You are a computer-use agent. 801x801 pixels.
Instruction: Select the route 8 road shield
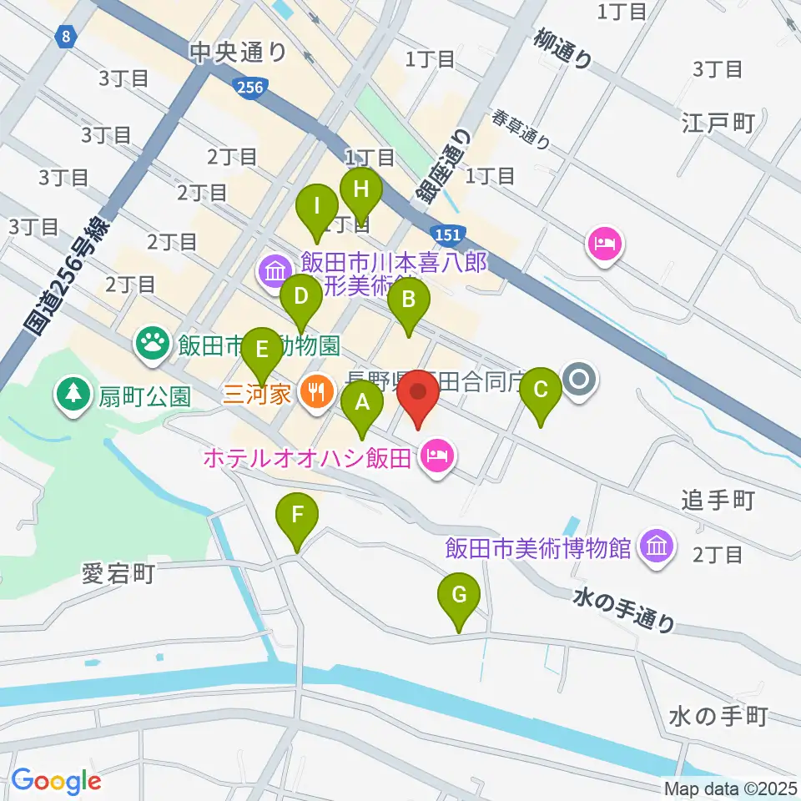point(64,36)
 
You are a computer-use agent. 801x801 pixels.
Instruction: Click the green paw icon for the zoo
point(151,343)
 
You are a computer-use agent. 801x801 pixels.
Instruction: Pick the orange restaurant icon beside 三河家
point(315,392)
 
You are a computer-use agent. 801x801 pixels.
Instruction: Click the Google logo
point(57,781)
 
